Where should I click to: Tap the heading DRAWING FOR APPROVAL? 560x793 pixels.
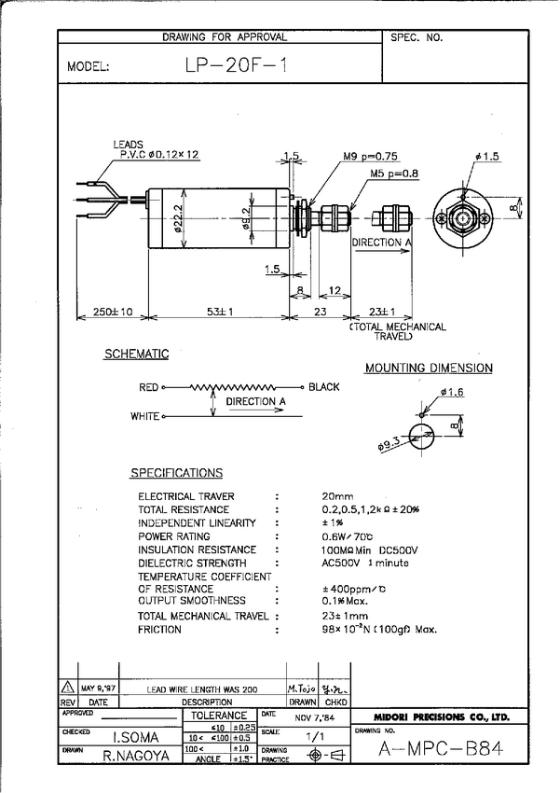coord(225,37)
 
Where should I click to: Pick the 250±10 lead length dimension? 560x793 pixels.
coord(110,311)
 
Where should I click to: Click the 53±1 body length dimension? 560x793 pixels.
coord(220,311)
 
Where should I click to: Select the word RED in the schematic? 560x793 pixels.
coord(149,386)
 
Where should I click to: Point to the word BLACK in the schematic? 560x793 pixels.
coord(324,386)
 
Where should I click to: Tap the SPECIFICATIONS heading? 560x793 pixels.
coord(176,473)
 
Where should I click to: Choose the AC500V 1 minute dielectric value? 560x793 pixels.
coord(365,563)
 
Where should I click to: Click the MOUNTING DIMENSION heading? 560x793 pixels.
coord(429,369)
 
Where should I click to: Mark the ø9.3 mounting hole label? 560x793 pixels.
coord(389,446)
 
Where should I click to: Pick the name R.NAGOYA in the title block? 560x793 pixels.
coord(136,756)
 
